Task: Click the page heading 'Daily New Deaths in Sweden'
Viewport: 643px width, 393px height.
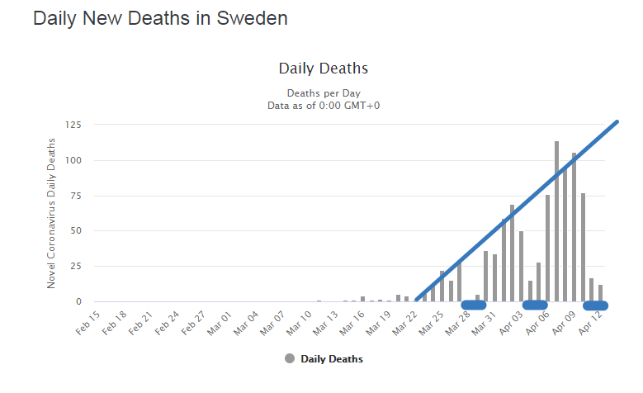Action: tap(160, 18)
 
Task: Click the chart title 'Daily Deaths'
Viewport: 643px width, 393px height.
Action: tap(323, 68)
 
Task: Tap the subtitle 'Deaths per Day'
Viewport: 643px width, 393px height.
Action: tap(323, 92)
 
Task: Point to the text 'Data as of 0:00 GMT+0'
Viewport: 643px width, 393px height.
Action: tap(323, 105)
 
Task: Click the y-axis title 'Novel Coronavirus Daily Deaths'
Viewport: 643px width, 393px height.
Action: tap(51, 212)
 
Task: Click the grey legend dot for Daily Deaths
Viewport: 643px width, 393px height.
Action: tap(289, 359)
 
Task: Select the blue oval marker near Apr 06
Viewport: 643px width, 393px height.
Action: tap(535, 305)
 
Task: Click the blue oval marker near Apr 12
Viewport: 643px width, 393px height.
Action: tap(595, 305)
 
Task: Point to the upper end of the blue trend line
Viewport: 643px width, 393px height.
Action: tap(616, 123)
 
